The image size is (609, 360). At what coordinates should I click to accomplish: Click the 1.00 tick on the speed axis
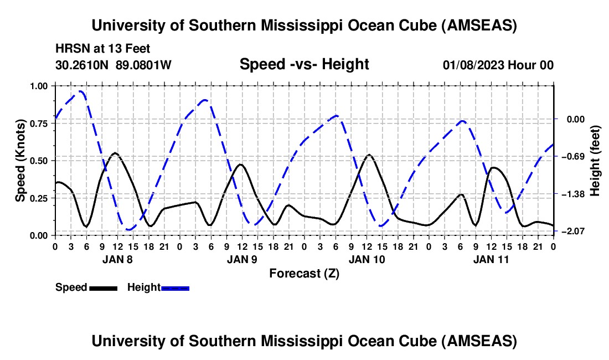[x=38, y=86]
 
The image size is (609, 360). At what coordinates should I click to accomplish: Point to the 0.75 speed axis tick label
[x=38, y=124]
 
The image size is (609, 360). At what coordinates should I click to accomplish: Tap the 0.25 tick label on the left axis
[x=38, y=198]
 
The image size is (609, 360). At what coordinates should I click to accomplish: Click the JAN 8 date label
[x=117, y=259]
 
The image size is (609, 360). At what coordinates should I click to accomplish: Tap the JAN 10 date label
[x=367, y=259]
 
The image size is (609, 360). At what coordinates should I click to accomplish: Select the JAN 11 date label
[x=491, y=259]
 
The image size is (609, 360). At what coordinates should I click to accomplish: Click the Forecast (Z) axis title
[x=304, y=274]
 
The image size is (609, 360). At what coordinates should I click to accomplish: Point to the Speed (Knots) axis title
[x=20, y=161]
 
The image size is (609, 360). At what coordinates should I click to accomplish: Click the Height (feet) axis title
[x=595, y=161]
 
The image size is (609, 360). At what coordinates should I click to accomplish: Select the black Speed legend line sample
[x=104, y=289]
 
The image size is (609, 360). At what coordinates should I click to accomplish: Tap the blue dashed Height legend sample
[x=175, y=289]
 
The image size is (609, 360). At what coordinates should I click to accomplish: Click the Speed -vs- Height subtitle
[x=304, y=64]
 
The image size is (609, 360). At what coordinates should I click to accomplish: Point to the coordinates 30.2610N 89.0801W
[x=113, y=65]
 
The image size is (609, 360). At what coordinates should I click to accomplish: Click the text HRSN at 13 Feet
[x=102, y=49]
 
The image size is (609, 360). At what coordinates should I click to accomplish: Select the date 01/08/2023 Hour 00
[x=498, y=65]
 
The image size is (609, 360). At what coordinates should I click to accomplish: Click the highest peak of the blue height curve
[x=80, y=91]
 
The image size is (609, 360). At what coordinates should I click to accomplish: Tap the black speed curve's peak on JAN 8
[x=115, y=153]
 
